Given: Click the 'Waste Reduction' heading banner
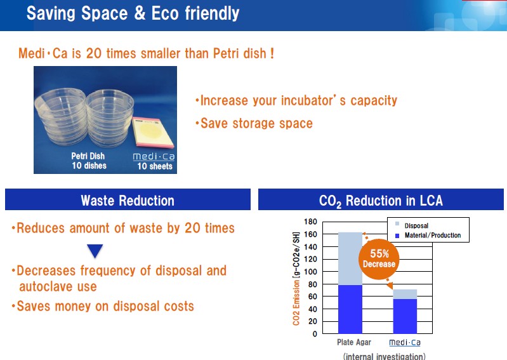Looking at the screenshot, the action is coord(128,199).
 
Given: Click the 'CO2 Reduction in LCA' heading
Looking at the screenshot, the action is coord(381,201).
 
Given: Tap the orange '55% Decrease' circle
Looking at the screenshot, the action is coord(379,259).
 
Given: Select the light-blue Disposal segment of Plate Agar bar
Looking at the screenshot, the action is coord(350,258).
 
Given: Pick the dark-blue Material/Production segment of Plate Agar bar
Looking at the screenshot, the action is coord(350,309).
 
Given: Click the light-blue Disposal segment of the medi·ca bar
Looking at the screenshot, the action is coord(405,295).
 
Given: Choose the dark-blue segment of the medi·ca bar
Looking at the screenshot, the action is coord(405,316).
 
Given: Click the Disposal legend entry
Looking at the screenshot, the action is coord(412,225).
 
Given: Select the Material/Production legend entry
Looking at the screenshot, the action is coord(428,235).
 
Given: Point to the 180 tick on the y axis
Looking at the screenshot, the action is coord(310,222).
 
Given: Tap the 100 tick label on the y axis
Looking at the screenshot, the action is coord(310,272).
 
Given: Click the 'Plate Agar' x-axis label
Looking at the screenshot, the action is coord(354,342).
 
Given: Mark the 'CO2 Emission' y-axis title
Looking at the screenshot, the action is coord(296,302).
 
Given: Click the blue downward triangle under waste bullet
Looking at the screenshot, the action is coord(95,251).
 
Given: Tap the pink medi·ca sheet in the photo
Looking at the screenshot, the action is coord(152,133).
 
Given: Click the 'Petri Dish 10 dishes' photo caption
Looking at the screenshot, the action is coord(89,161).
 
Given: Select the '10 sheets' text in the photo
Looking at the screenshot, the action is coord(155,166).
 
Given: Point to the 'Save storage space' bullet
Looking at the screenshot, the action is coord(254,123).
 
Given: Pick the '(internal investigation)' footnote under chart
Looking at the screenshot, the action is coord(384,356).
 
